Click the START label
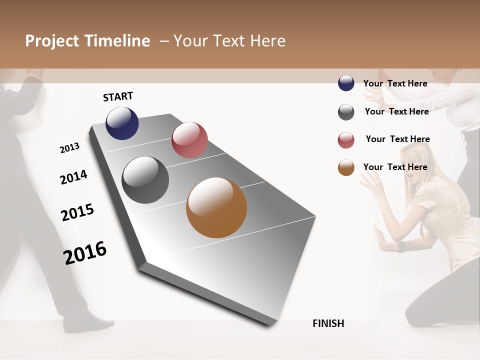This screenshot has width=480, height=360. click(118, 96)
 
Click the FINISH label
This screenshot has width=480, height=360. click(328, 323)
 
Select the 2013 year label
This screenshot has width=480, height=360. click(69, 148)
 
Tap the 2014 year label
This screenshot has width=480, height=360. click(73, 177)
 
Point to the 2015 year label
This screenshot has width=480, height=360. click(77, 212)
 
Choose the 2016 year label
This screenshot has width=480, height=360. click(85, 252)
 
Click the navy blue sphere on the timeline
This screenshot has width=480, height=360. click(122, 123)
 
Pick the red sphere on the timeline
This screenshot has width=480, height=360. click(189, 140)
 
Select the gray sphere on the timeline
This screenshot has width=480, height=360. click(145, 180)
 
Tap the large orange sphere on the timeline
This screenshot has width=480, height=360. click(216, 207)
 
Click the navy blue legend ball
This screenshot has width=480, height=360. click(346, 83)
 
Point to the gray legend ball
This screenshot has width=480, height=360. click(346, 112)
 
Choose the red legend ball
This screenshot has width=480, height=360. click(346, 140)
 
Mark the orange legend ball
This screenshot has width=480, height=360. click(346, 167)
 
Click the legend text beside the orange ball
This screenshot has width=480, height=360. click(395, 167)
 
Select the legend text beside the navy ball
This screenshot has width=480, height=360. click(395, 83)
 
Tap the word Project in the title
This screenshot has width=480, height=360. click(52, 41)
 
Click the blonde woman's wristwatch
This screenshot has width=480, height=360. click(401, 246)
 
